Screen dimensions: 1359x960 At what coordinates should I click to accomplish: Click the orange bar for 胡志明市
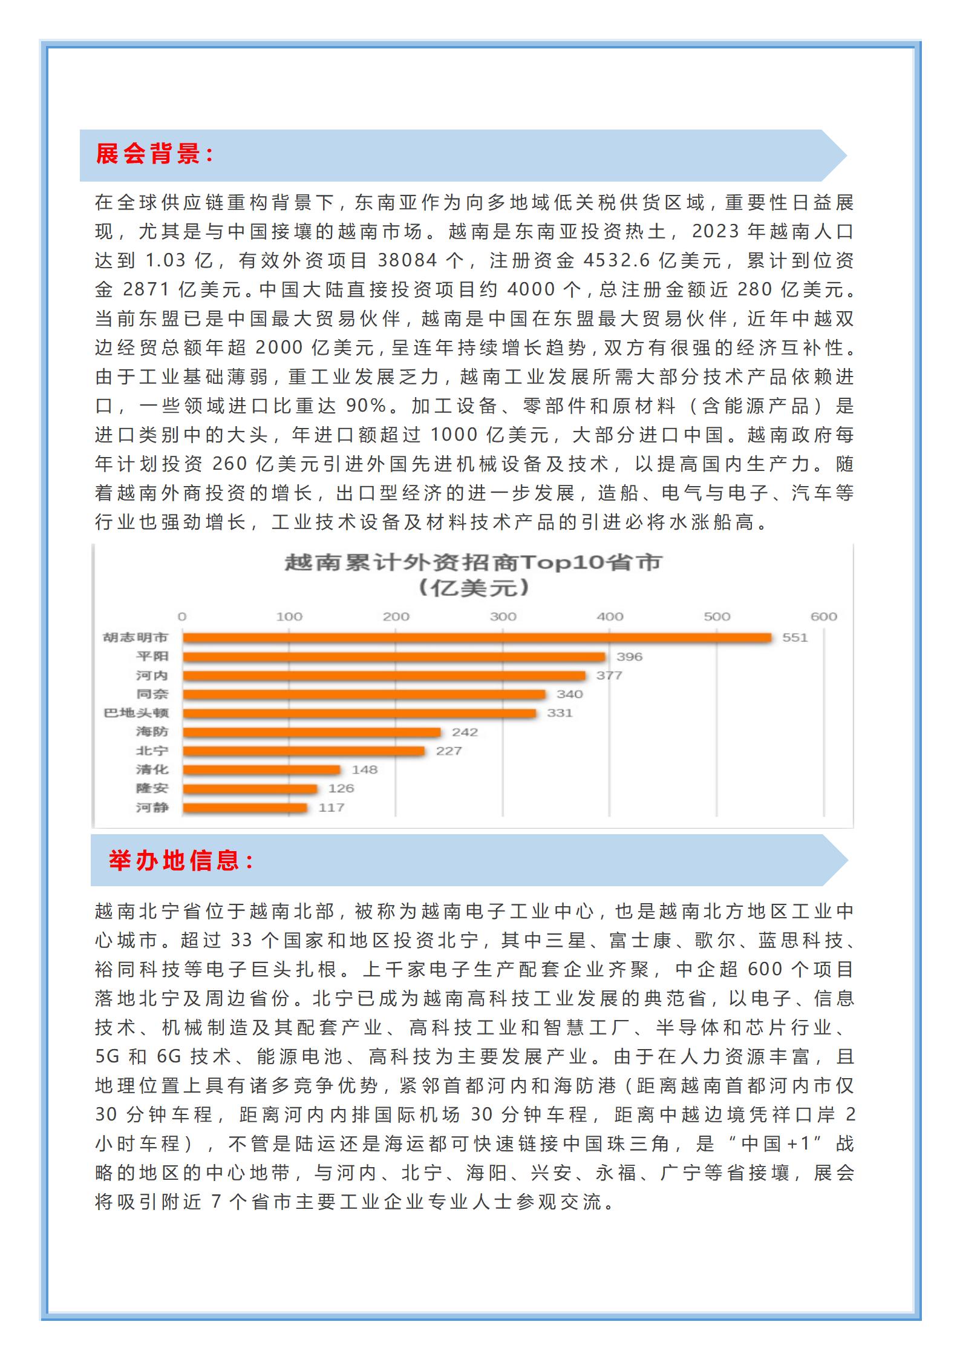[477, 637]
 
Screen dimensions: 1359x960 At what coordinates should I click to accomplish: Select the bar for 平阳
[394, 657]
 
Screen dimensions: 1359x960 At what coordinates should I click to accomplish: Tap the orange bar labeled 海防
[312, 732]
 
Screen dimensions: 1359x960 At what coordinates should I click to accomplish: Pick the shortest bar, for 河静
[245, 808]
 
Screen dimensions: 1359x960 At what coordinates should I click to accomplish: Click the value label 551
[794, 637]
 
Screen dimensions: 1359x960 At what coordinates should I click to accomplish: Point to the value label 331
[560, 713]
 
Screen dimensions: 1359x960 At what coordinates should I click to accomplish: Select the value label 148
[364, 769]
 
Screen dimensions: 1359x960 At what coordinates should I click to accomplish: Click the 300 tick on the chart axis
[503, 617]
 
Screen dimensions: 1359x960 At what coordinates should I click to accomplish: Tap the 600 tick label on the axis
[823, 617]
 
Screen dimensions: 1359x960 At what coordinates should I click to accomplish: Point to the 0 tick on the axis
[182, 617]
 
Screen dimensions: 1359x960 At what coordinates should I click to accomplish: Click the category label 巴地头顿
[136, 713]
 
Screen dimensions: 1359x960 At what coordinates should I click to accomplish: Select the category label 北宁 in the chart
[152, 751]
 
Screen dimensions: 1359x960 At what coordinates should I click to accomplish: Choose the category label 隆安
[152, 788]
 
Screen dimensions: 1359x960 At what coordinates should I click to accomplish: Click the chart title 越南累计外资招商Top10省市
[474, 563]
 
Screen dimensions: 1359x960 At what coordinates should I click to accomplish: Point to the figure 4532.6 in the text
[616, 260]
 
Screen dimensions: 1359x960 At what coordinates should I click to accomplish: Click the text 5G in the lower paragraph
[108, 1057]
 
